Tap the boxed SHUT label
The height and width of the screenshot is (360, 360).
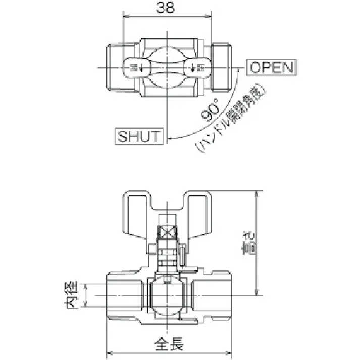point(139,136)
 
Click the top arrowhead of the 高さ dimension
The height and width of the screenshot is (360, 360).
point(258,194)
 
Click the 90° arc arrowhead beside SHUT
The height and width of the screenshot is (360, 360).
point(171,137)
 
